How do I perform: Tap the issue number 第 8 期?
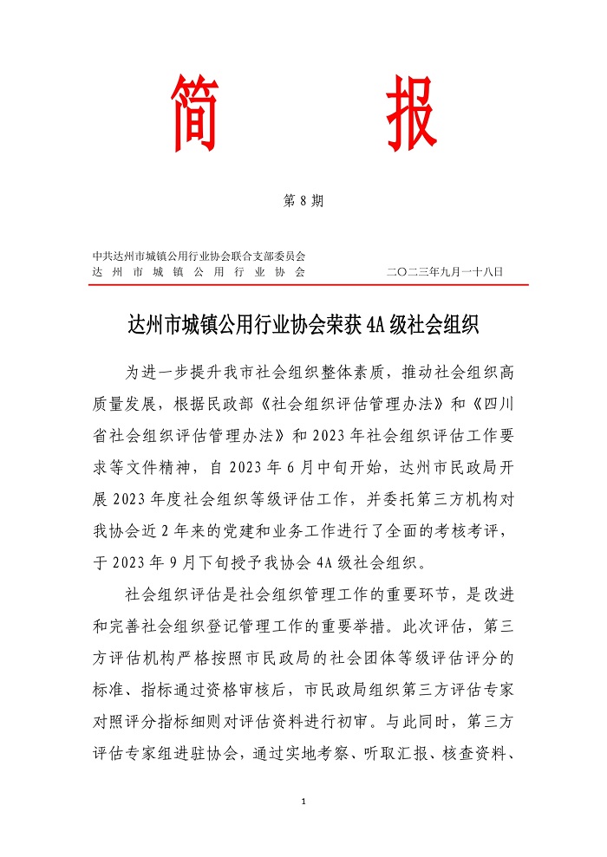pos(303,201)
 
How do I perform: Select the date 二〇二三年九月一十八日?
pos(445,271)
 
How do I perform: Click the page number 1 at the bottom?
pos(303,802)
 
